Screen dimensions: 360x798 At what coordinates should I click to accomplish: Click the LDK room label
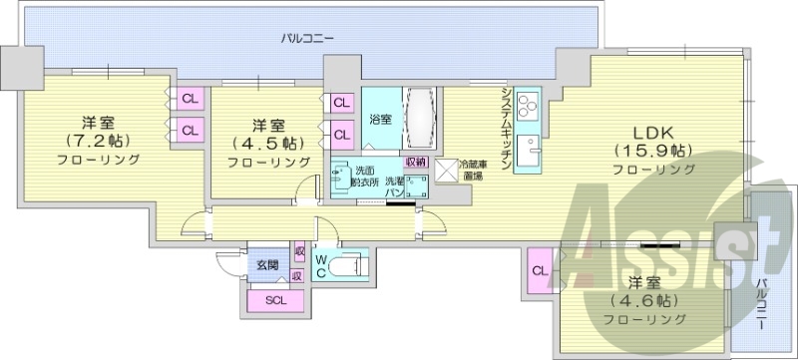coord(654,132)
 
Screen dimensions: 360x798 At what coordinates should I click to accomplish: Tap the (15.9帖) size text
coord(654,151)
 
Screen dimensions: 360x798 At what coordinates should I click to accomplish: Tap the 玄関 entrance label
coord(266,265)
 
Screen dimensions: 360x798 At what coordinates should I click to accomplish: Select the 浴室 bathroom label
coord(380,120)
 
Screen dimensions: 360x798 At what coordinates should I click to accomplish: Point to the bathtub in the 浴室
coord(419,121)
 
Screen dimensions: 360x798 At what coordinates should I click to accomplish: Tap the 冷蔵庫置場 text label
coord(474,170)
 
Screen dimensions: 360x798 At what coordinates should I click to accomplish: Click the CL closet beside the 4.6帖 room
coord(539,270)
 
